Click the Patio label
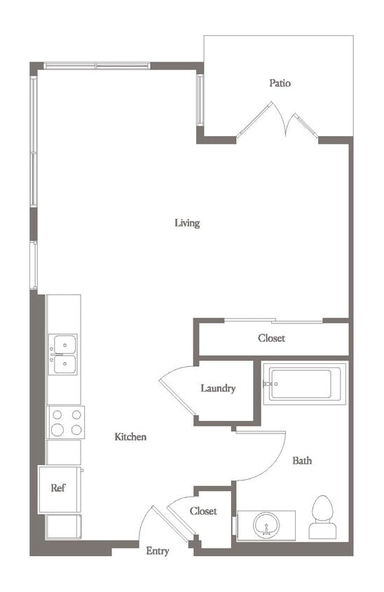pyautogui.click(x=280, y=83)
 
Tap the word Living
pyautogui.click(x=187, y=223)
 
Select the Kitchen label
pyautogui.click(x=130, y=437)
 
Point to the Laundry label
pyautogui.click(x=218, y=389)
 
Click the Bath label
pyautogui.click(x=302, y=461)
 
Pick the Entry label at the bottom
pyautogui.click(x=157, y=551)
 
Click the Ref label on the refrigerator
pyautogui.click(x=58, y=487)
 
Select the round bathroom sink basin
pyautogui.click(x=266, y=525)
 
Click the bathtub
pyautogui.click(x=306, y=384)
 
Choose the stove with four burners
pyautogui.click(x=66, y=422)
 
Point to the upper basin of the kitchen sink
pyautogui.click(x=64, y=344)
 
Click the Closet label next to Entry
pyautogui.click(x=203, y=511)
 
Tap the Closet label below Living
pyautogui.click(x=271, y=338)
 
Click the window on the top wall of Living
pyautogui.click(x=97, y=67)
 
